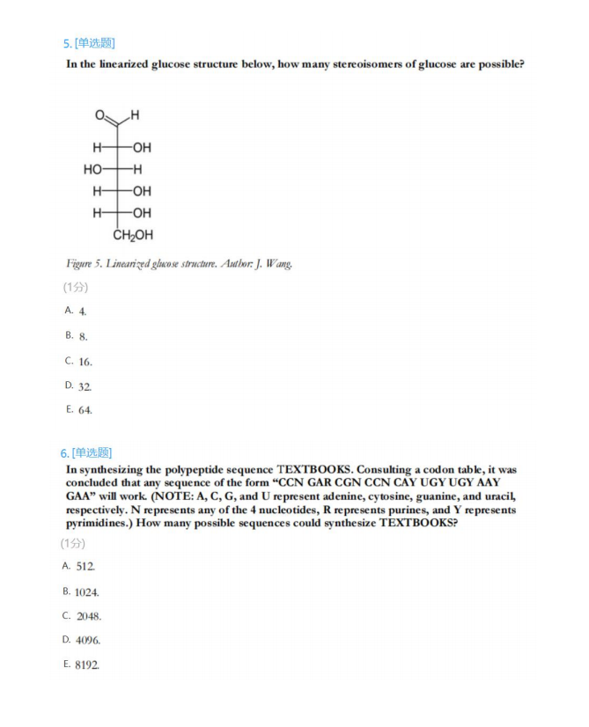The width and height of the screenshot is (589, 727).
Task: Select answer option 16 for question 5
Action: [x=85, y=362]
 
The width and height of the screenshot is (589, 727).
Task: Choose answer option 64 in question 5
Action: [x=85, y=410]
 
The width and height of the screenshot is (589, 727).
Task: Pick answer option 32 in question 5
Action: [x=85, y=386]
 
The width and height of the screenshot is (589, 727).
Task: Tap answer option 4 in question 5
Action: [x=82, y=312]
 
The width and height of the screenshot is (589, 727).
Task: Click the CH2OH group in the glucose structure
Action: [x=133, y=235]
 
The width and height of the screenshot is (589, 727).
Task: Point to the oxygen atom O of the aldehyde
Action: [x=100, y=115]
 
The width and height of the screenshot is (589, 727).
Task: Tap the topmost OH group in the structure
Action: [x=142, y=146]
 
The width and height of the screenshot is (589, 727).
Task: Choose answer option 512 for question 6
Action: [x=85, y=567]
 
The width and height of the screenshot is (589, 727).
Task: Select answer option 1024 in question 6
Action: [x=87, y=592]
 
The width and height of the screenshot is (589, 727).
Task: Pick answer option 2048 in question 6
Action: [x=88, y=616]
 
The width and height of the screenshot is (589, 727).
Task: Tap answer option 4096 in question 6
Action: [x=88, y=641]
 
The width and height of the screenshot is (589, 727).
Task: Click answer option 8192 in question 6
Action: [x=87, y=665]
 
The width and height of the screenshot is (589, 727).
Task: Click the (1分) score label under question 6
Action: [x=74, y=543]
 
